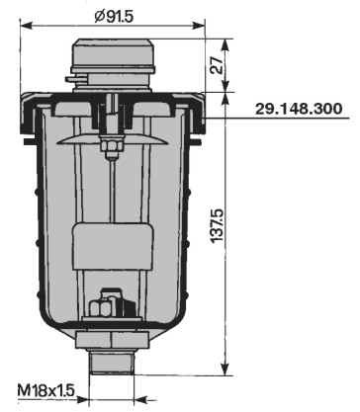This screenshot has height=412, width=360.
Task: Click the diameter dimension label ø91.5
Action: (114, 16)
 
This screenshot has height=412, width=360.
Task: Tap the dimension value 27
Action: (217, 65)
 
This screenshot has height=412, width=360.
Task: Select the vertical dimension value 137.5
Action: (217, 225)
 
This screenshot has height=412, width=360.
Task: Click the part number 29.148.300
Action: (299, 109)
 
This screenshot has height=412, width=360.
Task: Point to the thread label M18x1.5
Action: (46, 391)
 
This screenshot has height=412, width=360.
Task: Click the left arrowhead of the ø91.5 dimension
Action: (27, 26)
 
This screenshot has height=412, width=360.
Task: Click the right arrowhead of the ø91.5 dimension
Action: (199, 26)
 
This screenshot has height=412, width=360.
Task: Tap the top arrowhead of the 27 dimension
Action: (225, 45)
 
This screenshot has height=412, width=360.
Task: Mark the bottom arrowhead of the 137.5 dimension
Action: (225, 369)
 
